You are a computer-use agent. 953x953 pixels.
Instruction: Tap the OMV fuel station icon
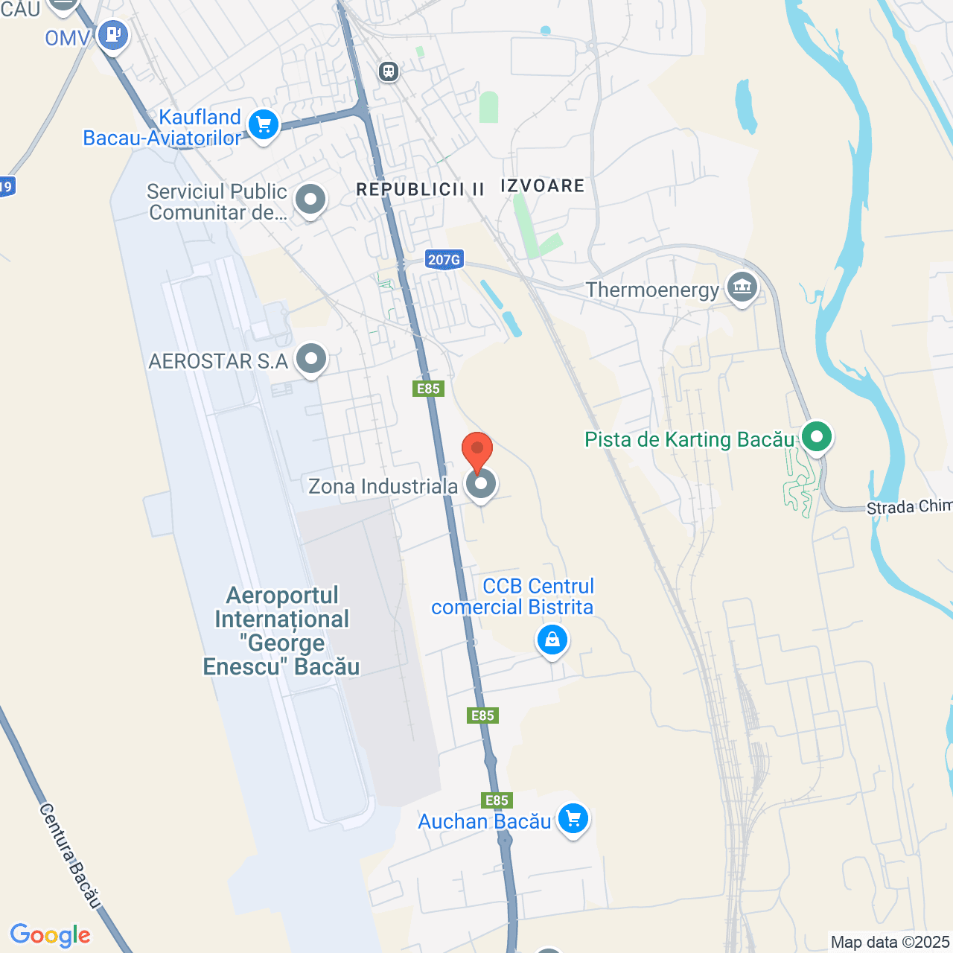pos(113,35)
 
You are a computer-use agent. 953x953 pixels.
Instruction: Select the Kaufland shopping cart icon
pos(263,124)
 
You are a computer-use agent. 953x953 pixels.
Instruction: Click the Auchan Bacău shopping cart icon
pos(573,819)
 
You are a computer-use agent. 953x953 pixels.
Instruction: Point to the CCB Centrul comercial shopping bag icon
pos(552,640)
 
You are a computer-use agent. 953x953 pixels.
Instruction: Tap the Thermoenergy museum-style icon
pos(742,287)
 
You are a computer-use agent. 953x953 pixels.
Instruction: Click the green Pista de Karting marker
pos(817,437)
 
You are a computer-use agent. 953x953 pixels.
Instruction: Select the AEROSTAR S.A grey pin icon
pos(311,360)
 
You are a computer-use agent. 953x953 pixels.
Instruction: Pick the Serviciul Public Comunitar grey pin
pos(310,200)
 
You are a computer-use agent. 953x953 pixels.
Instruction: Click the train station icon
pos(389,71)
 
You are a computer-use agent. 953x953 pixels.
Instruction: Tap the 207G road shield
pos(444,259)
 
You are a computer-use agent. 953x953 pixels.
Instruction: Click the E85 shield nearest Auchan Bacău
pos(497,800)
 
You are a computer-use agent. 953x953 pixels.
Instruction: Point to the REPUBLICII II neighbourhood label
pos(420,190)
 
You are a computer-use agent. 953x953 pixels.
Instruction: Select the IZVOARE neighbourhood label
pos(543,186)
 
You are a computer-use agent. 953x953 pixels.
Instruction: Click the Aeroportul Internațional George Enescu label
pos(281,631)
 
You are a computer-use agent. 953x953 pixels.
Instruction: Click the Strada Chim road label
pos(909,507)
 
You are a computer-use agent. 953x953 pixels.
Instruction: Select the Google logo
pos(51,935)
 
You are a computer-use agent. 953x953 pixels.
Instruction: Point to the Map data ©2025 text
pos(890,943)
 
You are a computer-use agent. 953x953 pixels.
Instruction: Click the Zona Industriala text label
pos(383,486)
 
